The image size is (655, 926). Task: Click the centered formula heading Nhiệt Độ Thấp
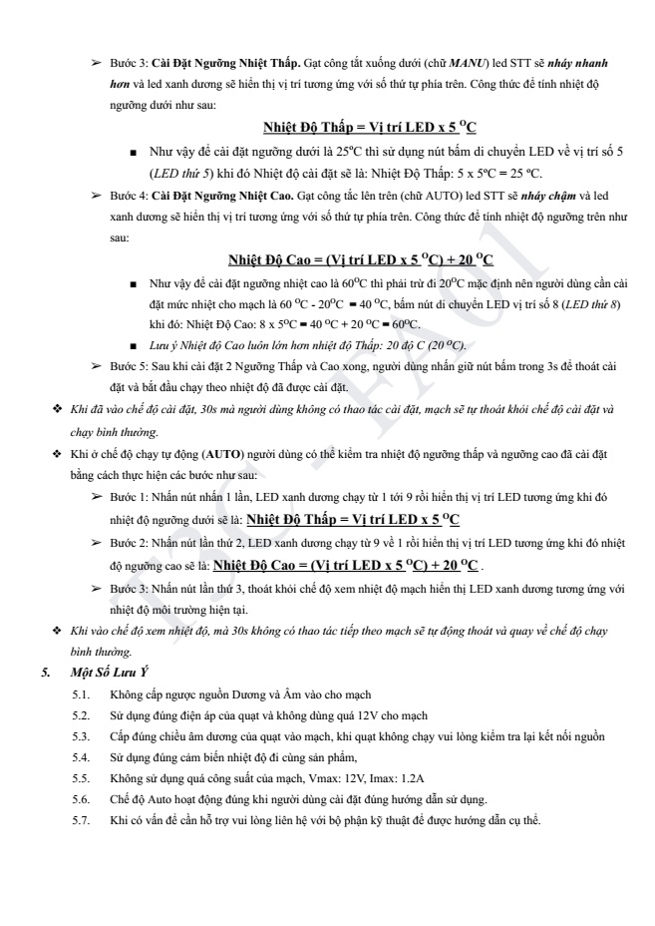[x=370, y=129]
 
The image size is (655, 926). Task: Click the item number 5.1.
[x=82, y=694]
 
